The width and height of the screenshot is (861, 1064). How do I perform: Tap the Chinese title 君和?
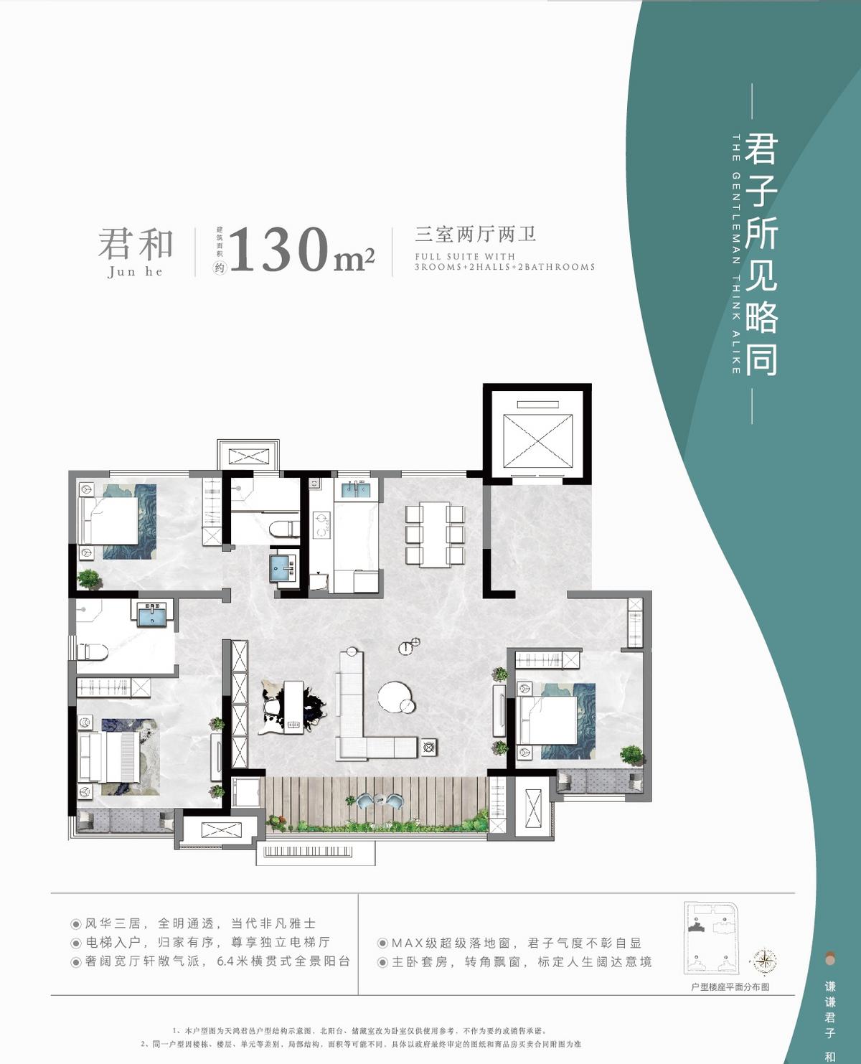click(136, 244)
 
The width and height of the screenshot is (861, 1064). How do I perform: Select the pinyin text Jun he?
click(135, 272)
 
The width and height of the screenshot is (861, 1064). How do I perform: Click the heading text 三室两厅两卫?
click(476, 235)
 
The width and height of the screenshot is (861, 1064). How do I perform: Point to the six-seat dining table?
click(435, 535)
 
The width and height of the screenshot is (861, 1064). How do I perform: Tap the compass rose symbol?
click(766, 960)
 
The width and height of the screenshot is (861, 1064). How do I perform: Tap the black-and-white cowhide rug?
click(293, 707)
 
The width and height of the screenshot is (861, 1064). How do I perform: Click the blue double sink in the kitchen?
click(355, 490)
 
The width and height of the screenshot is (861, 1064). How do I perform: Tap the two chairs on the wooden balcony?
click(380, 802)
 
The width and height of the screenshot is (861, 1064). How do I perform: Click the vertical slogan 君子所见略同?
click(761, 254)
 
